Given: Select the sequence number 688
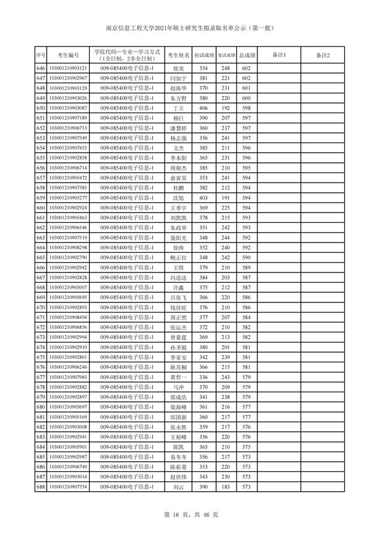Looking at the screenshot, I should tap(41, 487).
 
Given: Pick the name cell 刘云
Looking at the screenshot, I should tap(178, 487).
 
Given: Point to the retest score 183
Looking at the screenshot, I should tap(226, 487).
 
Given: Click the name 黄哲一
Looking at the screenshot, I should tap(178, 377).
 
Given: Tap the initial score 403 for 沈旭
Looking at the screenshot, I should tap(203, 198).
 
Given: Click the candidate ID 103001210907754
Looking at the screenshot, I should tap(68, 487).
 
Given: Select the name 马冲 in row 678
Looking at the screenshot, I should tap(178, 387).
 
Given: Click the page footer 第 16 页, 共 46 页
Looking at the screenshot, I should tap(191, 514).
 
